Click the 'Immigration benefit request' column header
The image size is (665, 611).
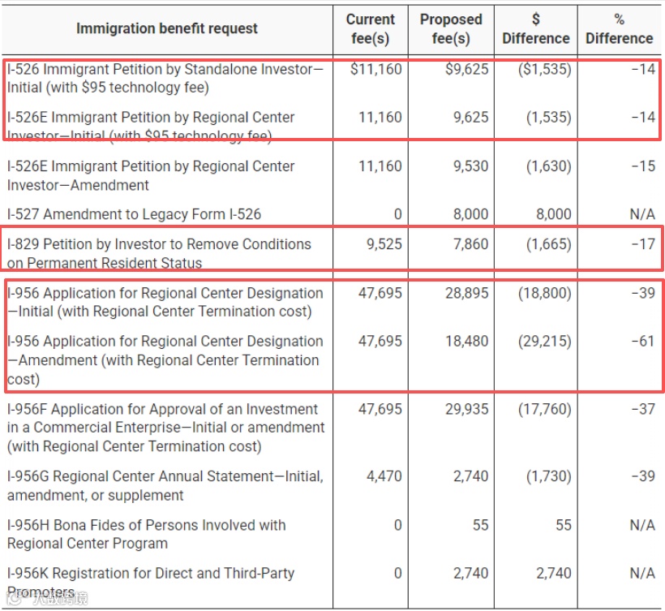(x=166, y=28)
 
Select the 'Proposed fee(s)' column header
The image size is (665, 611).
(x=451, y=28)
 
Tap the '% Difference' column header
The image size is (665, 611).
(x=619, y=28)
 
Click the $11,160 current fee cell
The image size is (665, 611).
(x=375, y=70)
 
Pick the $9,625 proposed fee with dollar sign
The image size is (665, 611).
(x=466, y=70)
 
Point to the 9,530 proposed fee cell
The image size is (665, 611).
(x=470, y=166)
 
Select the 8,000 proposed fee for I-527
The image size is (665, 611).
(x=470, y=214)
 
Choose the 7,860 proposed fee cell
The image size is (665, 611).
(x=470, y=244)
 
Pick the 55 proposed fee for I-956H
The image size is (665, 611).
(x=480, y=526)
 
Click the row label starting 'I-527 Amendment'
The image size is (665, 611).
(x=134, y=215)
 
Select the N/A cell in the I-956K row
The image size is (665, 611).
(x=641, y=574)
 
